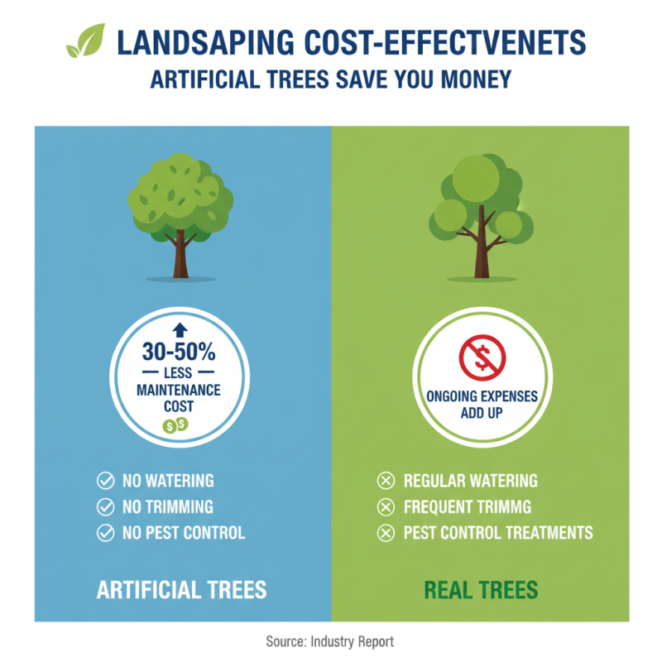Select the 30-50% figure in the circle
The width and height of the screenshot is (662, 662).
point(179,352)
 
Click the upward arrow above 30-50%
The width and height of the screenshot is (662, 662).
point(179,330)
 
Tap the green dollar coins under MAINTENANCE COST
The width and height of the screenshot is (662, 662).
point(175,425)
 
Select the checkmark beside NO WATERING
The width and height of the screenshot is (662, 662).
point(105,481)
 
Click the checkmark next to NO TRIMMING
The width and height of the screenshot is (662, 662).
point(105,506)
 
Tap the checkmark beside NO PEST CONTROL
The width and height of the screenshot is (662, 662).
point(105,533)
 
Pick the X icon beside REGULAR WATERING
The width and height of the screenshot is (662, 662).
point(385,481)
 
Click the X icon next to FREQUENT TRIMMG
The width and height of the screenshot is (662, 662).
point(385,506)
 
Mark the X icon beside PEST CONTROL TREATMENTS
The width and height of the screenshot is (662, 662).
point(385,533)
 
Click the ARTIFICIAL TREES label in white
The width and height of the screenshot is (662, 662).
point(181,590)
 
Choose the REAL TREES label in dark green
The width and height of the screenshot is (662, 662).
point(481,590)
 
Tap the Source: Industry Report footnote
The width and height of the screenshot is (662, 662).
point(330,641)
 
